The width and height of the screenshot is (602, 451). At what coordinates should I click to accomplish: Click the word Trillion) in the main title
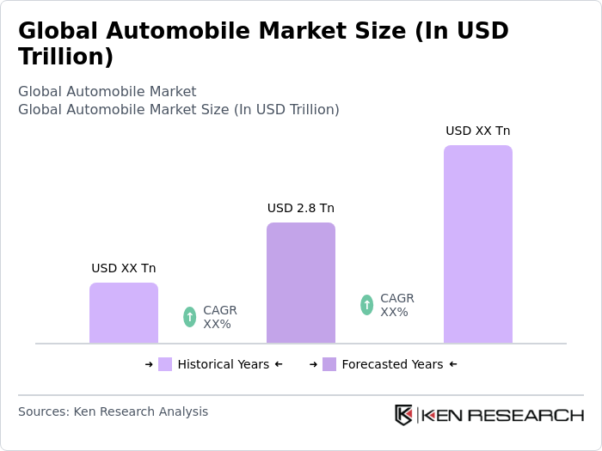[65, 58]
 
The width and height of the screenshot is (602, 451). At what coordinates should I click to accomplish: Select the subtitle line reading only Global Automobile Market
[107, 91]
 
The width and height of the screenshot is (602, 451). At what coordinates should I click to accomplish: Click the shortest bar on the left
[124, 313]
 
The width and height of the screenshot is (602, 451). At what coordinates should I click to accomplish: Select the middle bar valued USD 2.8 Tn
[301, 283]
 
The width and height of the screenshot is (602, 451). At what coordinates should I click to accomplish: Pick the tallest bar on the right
[478, 244]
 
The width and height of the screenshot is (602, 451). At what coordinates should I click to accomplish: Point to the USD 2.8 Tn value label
[301, 208]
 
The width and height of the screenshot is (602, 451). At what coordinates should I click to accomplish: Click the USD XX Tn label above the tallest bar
[478, 131]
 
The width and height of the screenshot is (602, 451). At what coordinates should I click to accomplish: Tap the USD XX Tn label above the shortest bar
[124, 268]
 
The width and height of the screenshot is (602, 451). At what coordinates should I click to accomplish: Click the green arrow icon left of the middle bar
[190, 317]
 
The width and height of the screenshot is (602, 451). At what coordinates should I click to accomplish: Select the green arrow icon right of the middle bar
[367, 305]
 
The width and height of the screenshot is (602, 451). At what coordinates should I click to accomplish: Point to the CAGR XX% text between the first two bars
[219, 317]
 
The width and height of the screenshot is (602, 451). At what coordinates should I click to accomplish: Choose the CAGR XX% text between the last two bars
[396, 305]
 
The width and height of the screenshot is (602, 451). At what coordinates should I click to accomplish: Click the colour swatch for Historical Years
[165, 364]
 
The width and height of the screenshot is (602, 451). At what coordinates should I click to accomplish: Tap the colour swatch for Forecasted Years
[329, 364]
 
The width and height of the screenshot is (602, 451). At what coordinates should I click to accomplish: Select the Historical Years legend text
[223, 364]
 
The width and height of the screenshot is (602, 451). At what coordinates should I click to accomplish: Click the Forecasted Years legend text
[392, 364]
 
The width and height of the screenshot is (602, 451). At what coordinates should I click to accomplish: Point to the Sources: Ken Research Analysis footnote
[113, 411]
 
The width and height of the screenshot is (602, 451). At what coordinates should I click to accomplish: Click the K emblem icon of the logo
[403, 415]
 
